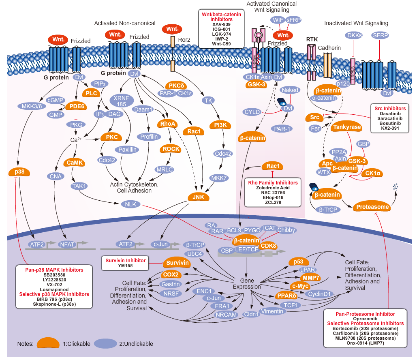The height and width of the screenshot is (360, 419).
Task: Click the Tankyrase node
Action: [346, 127]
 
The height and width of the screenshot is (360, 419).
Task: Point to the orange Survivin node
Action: [177, 263]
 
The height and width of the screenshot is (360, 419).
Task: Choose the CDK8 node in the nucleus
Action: [268, 245]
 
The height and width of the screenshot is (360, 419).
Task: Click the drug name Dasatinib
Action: [390, 115]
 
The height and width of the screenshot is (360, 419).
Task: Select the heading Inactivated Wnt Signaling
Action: [356, 23]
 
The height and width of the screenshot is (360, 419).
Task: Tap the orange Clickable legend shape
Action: [49, 343]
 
